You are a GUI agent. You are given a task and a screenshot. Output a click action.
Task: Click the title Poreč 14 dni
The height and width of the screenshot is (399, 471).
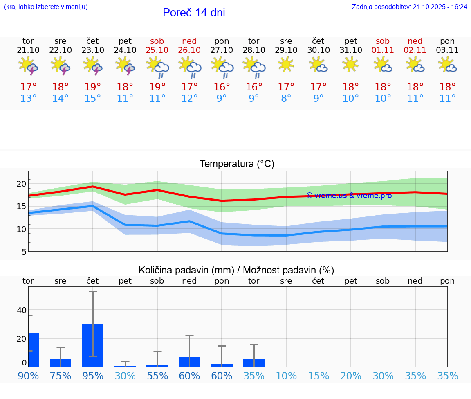(x=194, y=13)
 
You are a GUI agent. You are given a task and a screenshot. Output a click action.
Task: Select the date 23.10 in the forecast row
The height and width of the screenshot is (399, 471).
(x=93, y=50)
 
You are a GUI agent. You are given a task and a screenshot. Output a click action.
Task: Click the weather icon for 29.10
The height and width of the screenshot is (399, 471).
(x=286, y=64)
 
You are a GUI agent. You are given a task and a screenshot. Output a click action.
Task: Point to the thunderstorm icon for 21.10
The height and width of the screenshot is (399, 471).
(x=28, y=65)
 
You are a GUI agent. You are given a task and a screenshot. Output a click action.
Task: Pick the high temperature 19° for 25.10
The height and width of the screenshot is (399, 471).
(x=157, y=87)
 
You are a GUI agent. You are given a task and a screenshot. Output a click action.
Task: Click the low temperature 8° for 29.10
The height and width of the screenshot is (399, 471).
(x=286, y=99)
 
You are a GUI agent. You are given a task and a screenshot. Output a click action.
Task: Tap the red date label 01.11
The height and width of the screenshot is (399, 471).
(x=383, y=50)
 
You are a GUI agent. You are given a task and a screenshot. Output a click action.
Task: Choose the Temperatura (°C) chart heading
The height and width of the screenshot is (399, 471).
(x=237, y=164)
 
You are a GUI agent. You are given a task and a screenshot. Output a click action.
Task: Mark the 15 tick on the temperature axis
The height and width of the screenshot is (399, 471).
(x=21, y=207)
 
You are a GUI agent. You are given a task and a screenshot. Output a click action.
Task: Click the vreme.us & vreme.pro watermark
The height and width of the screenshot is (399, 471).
(x=349, y=196)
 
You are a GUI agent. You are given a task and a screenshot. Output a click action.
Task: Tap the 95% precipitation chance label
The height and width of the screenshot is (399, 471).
(x=93, y=376)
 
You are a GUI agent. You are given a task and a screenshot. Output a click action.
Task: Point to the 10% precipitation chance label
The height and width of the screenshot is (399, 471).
(x=286, y=376)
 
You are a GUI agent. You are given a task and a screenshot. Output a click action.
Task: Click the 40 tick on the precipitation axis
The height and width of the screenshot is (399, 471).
(x=21, y=310)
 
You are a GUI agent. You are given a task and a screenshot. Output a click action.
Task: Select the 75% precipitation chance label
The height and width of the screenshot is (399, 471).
(x=61, y=376)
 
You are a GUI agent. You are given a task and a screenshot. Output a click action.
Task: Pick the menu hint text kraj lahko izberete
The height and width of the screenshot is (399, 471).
(x=45, y=7)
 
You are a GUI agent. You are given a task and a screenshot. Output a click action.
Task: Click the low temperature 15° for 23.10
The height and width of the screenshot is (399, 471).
(x=93, y=99)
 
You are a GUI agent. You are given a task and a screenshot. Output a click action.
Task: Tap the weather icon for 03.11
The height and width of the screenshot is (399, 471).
(x=447, y=65)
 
